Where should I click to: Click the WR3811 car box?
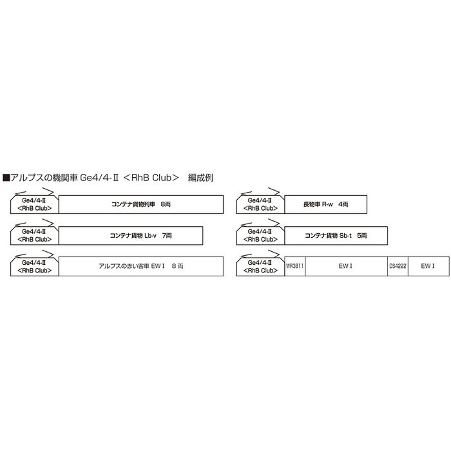pyautogui.click(x=295, y=266)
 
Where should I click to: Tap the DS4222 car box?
pyautogui.click(x=398, y=266)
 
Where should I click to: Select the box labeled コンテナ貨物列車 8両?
pyautogui.click(x=141, y=204)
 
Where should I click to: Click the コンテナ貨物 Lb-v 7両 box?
pyautogui.click(x=131, y=236)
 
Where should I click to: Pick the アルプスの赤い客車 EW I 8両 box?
pyautogui.click(x=141, y=266)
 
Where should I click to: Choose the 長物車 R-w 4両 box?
pyautogui.click(x=325, y=204)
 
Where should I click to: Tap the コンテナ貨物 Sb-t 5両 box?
pyautogui.click(x=336, y=236)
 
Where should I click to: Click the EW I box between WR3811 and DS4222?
pyautogui.click(x=347, y=266)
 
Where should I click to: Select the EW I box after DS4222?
pyautogui.click(x=428, y=266)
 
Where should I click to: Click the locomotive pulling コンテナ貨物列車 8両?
pyautogui.click(x=35, y=204)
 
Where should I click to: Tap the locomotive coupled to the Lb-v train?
pyautogui.click(x=35, y=236)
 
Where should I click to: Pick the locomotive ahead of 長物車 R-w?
pyautogui.click(x=260, y=204)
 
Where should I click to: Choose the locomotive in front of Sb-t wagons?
pyautogui.click(x=260, y=236)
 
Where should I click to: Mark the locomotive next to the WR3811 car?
pyautogui.click(x=260, y=266)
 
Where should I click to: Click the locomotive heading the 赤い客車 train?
pyautogui.click(x=35, y=266)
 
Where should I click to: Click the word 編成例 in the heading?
pyautogui.click(x=200, y=178)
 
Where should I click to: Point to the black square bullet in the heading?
pyautogui.click(x=6, y=178)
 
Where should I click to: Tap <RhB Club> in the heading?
pyautogui.click(x=151, y=178)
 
